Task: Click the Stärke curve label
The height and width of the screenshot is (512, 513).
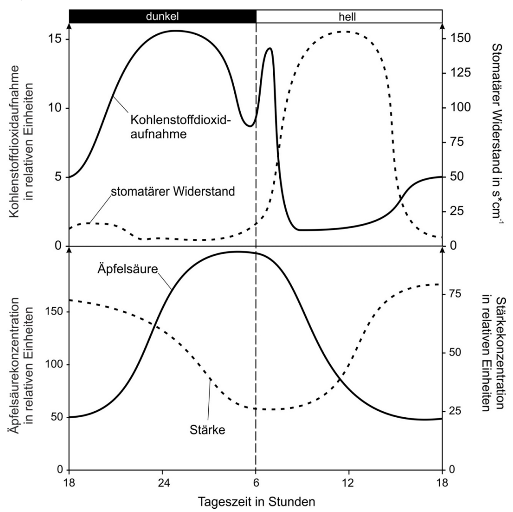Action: point(207,430)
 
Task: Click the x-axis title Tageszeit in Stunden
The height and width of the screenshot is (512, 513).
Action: point(256,502)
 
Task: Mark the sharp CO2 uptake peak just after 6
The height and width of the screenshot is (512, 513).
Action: point(269,48)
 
